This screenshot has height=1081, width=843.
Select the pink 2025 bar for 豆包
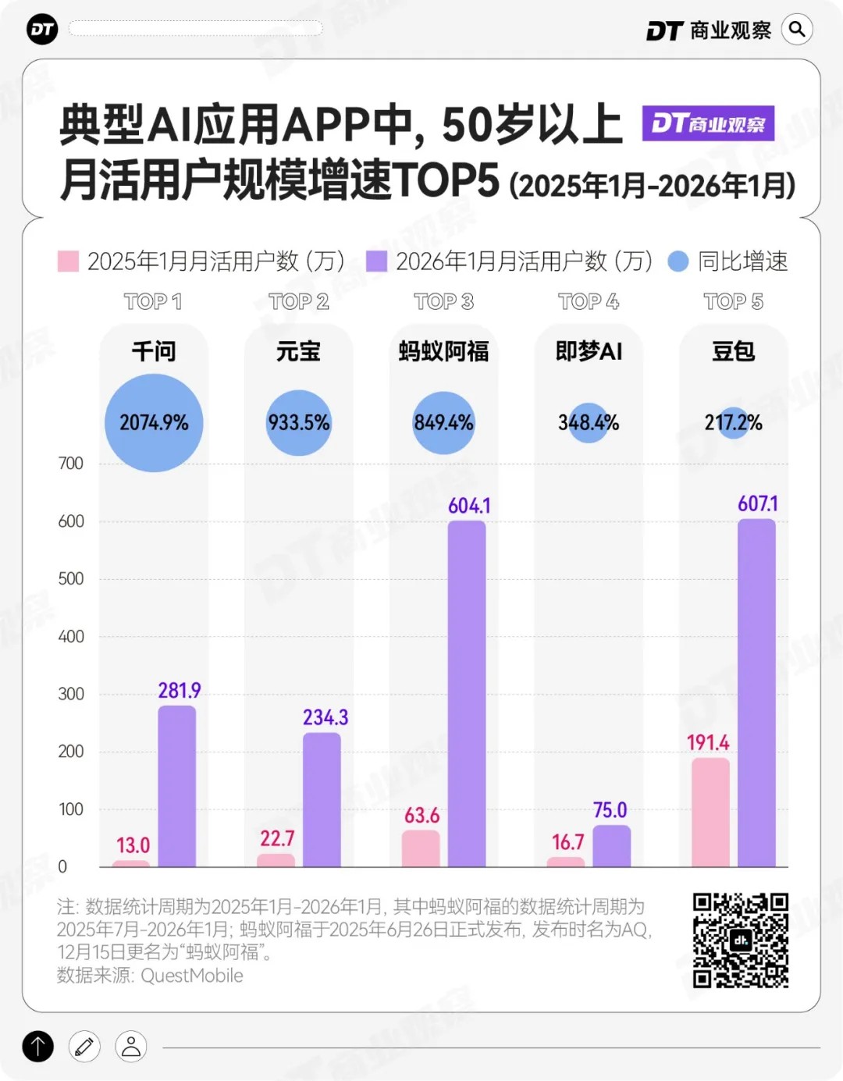(710, 812)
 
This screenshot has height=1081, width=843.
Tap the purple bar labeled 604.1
(467, 693)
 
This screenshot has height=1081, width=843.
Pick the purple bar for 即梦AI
(611, 846)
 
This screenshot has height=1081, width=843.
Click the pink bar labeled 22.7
(276, 860)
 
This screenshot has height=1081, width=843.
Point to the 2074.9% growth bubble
(154, 423)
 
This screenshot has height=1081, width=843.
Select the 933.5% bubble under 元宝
(299, 423)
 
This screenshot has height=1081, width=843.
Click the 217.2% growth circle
(733, 423)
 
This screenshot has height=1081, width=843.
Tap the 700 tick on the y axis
(70, 464)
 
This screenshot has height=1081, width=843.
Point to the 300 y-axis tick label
(70, 694)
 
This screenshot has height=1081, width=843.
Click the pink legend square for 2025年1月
(69, 261)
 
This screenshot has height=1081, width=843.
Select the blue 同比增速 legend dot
(678, 261)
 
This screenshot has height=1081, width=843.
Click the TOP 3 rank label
(443, 302)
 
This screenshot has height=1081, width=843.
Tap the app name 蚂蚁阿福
(443, 351)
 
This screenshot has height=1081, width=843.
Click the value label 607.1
(757, 504)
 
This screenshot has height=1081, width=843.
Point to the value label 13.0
(133, 845)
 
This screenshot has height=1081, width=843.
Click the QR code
(741, 941)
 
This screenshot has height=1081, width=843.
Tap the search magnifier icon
(797, 30)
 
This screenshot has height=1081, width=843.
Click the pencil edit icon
(84, 1047)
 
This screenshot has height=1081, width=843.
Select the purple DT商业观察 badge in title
(708, 123)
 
